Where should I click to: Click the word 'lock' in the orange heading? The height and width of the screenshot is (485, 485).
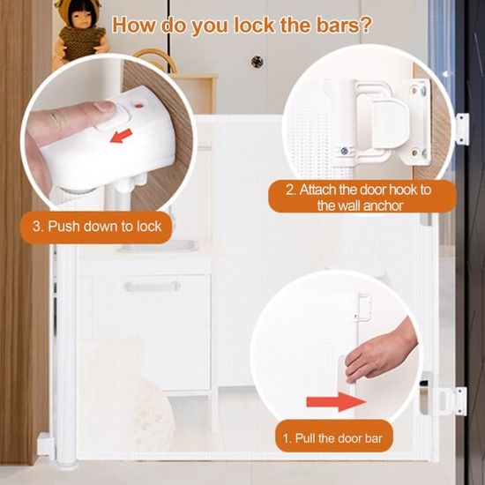pos(254,25)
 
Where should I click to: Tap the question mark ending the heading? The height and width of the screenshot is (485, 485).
pos(365,25)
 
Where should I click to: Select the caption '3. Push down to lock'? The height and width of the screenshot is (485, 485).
pos(97,227)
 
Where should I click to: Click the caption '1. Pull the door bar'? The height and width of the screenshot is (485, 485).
pos(333,438)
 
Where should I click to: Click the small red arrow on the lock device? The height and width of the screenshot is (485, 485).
pos(121,136)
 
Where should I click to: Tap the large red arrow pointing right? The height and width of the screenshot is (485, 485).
pos(337,402)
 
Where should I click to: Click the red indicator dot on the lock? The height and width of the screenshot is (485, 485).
pos(139,107)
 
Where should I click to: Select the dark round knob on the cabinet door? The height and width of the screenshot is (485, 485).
pos(257,62)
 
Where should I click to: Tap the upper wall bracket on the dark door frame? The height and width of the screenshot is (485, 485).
pos(462,129)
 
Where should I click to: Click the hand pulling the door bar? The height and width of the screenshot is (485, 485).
pos(379,353)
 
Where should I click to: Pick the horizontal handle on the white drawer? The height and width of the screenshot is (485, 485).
pos(153,287)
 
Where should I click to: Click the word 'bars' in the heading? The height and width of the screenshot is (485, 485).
pos(338,25)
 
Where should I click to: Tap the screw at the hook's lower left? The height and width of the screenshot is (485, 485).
pos(344,151)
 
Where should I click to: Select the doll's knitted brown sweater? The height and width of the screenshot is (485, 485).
pos(81,42)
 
